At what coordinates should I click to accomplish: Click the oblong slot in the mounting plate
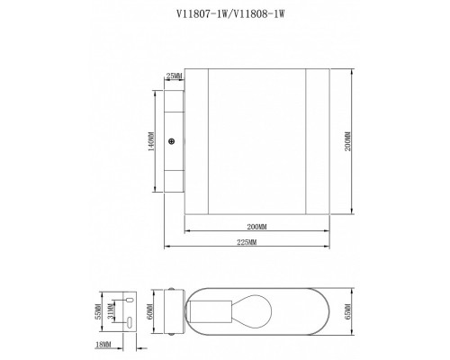[130, 321]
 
